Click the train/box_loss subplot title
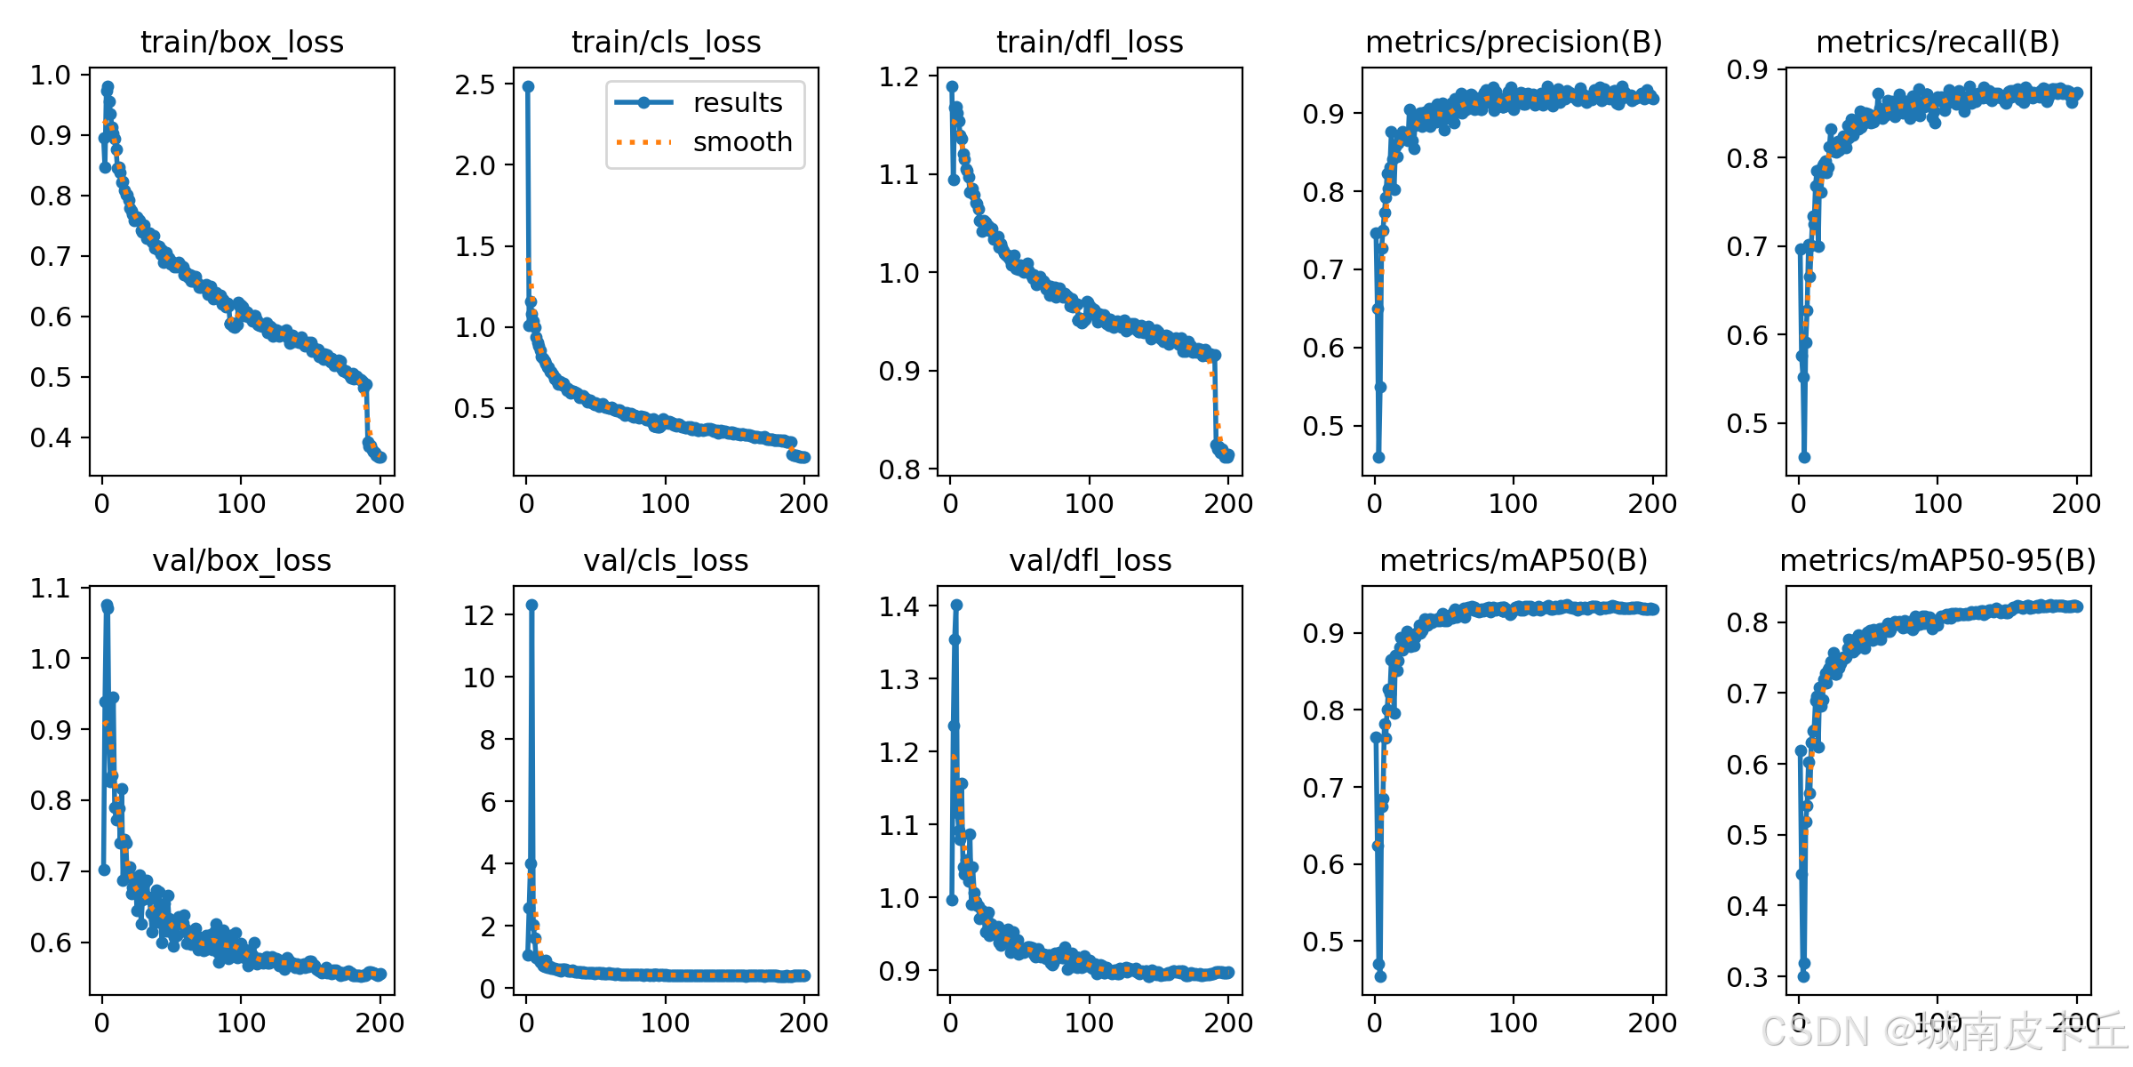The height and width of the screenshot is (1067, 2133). point(242,42)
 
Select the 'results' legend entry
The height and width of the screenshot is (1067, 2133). point(699,102)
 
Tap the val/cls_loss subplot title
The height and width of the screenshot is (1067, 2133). point(666,560)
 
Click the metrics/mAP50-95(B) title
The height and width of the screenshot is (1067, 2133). point(1938,560)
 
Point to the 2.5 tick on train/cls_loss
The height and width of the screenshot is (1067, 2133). point(475,84)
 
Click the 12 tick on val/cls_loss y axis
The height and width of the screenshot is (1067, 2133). point(479,614)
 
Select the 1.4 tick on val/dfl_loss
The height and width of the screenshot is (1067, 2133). point(899,606)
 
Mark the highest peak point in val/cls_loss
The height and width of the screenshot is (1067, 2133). point(531,605)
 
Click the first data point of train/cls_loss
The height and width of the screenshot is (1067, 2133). point(528,86)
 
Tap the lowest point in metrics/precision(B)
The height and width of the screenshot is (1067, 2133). point(1378,457)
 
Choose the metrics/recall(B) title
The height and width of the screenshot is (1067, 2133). point(1938,42)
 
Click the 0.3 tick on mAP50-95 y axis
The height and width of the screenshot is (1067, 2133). point(1747,977)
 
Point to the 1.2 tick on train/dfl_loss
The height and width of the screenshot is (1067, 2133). point(899,77)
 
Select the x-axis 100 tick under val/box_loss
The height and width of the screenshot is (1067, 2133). point(241,1023)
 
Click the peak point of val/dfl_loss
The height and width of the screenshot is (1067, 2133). point(956,605)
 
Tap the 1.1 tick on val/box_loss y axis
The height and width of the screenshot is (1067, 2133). point(51,588)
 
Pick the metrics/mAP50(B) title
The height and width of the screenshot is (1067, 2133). point(1514,560)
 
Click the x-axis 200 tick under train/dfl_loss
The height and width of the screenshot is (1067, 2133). point(1228,503)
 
